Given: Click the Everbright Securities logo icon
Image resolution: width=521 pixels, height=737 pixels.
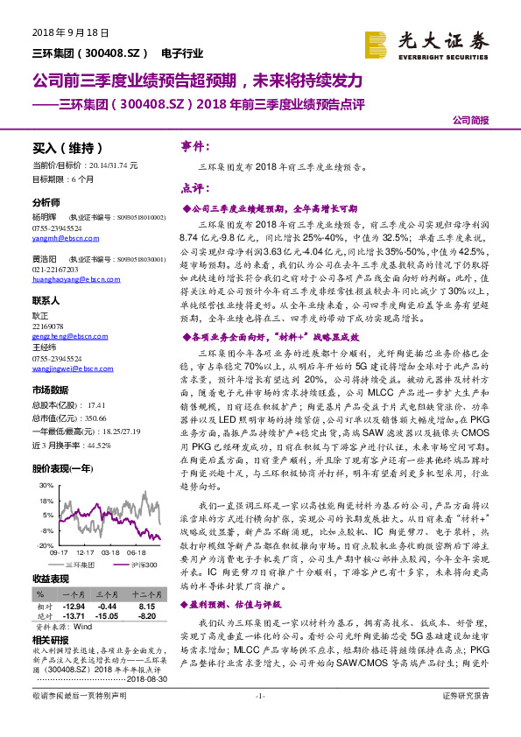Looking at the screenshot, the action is (x=376, y=44).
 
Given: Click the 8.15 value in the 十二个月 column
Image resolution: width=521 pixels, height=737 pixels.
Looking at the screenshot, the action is (x=146, y=606).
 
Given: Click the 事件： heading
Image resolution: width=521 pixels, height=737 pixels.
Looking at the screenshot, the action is (x=194, y=145).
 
